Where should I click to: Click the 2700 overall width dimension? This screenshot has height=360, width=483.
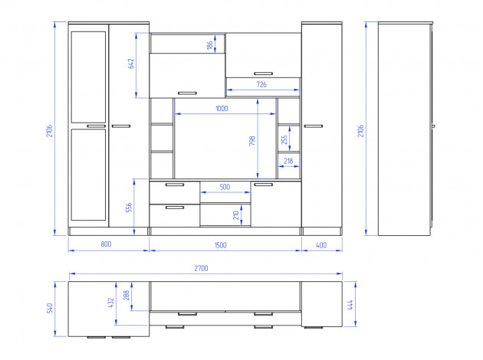click(201, 268)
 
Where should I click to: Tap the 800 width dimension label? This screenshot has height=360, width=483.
click(106, 244)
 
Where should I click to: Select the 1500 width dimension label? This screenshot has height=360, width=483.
click(221, 245)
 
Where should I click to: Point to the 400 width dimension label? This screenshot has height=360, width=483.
click(321, 245)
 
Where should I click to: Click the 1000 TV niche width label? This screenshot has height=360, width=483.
click(222, 108)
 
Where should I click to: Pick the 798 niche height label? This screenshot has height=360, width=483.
click(252, 141)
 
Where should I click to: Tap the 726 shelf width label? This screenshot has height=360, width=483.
click(261, 84)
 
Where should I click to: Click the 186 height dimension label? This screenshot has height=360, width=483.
click(210, 45)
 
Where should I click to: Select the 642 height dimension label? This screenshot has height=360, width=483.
click(131, 64)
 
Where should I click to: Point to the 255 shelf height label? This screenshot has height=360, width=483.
click(284, 139)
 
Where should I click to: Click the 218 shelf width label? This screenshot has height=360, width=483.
click(288, 161)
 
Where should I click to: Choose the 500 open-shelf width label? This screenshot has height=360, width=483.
click(225, 187)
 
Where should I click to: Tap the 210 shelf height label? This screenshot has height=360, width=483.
click(236, 215)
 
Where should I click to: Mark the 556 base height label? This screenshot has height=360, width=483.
click(129, 208)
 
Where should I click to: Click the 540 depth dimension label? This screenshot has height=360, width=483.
click(50, 308)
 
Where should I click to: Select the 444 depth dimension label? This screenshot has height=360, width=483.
click(350, 305)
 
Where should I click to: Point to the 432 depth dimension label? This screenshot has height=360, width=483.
click(111, 303)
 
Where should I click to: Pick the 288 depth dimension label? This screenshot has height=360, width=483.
click(127, 296)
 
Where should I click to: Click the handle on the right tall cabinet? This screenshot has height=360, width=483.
click(314, 126)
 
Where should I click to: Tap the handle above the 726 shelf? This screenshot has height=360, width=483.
click(264, 74)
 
